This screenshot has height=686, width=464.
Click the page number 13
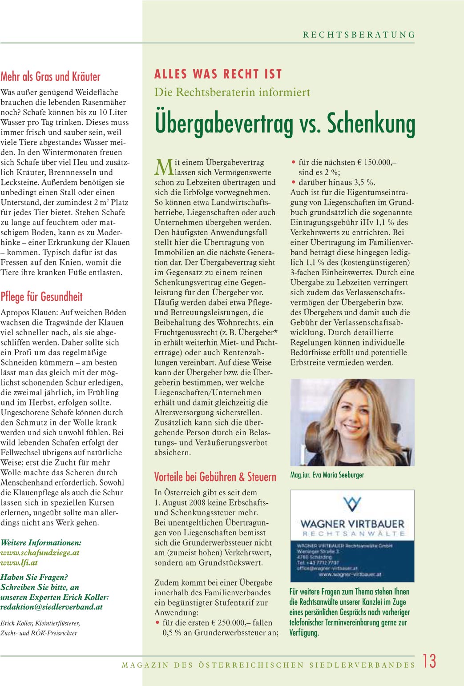[x=429, y=661]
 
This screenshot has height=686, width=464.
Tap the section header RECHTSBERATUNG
[x=359, y=35]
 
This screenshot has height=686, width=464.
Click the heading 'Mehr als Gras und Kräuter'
[x=50, y=76]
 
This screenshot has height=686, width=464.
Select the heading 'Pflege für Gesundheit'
[x=41, y=297]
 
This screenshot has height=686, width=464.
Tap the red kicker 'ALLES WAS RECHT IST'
[x=218, y=74]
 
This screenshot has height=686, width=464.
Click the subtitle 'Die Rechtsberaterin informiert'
[x=232, y=92]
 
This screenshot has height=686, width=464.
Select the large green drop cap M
[x=163, y=167]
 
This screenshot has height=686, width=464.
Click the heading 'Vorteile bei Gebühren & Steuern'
[x=215, y=477]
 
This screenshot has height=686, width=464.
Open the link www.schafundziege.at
[x=40, y=553]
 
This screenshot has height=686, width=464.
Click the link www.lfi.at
[x=19, y=562]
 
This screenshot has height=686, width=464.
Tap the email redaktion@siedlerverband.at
[x=52, y=607]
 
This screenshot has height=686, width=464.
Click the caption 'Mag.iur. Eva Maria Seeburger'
[x=327, y=475]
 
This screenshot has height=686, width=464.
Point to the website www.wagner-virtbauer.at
[x=350, y=574]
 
